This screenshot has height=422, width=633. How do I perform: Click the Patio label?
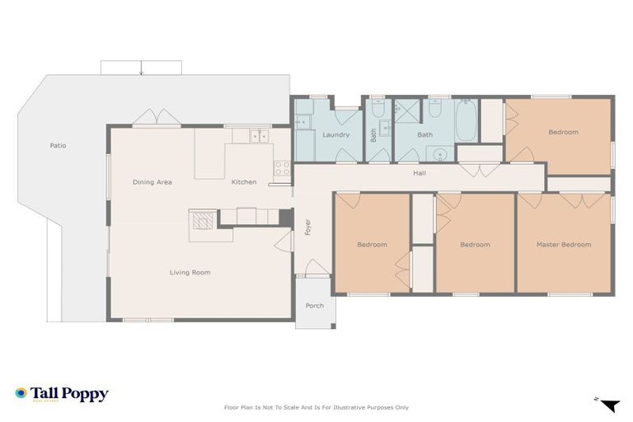click(x=58, y=146)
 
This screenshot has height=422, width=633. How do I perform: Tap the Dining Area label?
click(x=152, y=182)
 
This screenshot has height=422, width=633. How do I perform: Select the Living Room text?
click(x=190, y=272)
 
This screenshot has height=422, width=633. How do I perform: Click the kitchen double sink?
click(x=260, y=137)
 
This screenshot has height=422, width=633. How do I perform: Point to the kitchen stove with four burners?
click(x=283, y=168)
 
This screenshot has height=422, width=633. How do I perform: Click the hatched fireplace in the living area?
click(x=201, y=219)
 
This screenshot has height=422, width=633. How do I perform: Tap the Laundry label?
click(x=335, y=134)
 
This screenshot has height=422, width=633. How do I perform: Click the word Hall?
click(x=420, y=173)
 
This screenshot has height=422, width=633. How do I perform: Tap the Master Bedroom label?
click(x=564, y=245)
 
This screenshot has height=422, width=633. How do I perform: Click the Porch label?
click(x=314, y=306)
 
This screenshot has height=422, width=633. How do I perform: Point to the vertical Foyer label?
click(x=307, y=227)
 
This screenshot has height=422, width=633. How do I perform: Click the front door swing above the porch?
click(x=316, y=267)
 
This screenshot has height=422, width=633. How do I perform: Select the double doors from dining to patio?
click(x=157, y=118)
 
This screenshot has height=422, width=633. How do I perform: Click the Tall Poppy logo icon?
click(x=21, y=394)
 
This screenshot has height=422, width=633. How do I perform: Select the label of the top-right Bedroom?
click(x=563, y=132)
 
